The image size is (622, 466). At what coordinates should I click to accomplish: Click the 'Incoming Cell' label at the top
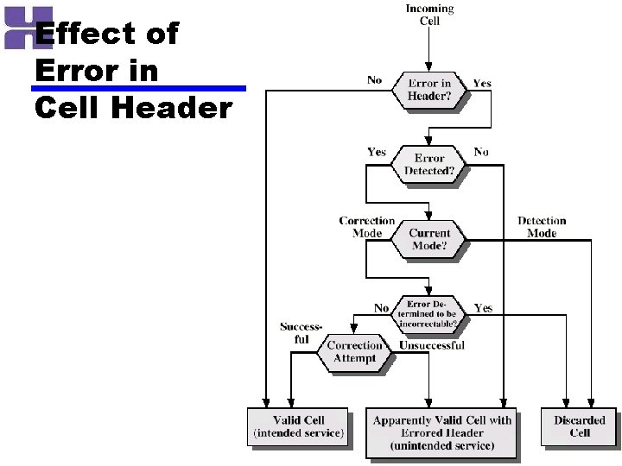(429, 15)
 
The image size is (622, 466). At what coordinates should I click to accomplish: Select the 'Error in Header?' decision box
(429, 89)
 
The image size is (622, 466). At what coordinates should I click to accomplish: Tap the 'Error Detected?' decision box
(429, 164)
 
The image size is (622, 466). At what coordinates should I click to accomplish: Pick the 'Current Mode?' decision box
(429, 239)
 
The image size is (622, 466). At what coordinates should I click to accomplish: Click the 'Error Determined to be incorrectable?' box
(429, 315)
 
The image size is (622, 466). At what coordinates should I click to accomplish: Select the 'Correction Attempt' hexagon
(354, 352)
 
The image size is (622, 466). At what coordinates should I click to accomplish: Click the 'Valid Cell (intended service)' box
(299, 426)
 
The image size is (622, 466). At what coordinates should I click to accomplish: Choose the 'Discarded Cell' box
(580, 426)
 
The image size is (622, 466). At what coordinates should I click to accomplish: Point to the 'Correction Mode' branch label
(366, 227)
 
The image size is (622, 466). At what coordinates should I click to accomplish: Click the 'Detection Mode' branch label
(542, 227)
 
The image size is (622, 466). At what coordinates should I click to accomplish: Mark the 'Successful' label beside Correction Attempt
(300, 333)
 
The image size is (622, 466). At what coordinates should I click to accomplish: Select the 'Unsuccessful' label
(431, 346)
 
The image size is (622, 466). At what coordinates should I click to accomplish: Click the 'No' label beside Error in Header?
(374, 80)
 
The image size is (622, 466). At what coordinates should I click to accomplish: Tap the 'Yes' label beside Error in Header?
(482, 84)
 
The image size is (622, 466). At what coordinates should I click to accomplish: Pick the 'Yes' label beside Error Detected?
(377, 152)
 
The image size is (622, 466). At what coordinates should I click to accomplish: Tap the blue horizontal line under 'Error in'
(138, 88)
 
